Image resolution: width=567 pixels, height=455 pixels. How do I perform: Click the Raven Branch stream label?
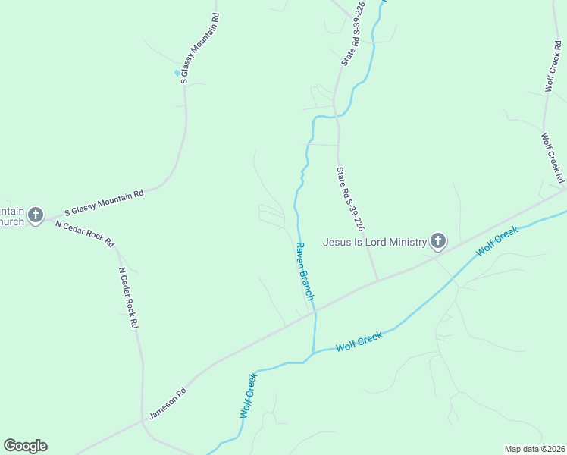[304, 271]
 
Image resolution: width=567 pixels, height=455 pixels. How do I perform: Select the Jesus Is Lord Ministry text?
[374, 242]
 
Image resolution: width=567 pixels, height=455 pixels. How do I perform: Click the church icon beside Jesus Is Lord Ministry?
[437, 241]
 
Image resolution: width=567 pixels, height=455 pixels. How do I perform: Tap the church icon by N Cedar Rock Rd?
[35, 215]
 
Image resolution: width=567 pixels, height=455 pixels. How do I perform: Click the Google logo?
[25, 446]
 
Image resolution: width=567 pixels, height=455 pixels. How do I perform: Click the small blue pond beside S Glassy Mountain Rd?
[178, 73]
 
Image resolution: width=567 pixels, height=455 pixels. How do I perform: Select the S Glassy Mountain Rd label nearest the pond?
[200, 47]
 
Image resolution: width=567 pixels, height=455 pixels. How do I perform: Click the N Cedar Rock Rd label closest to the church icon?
[84, 234]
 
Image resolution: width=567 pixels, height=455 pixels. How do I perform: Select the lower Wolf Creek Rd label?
[552, 158]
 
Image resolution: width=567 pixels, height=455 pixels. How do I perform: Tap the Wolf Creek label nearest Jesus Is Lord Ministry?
[497, 240]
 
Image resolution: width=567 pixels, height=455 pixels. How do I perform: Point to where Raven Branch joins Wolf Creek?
[313, 353]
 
